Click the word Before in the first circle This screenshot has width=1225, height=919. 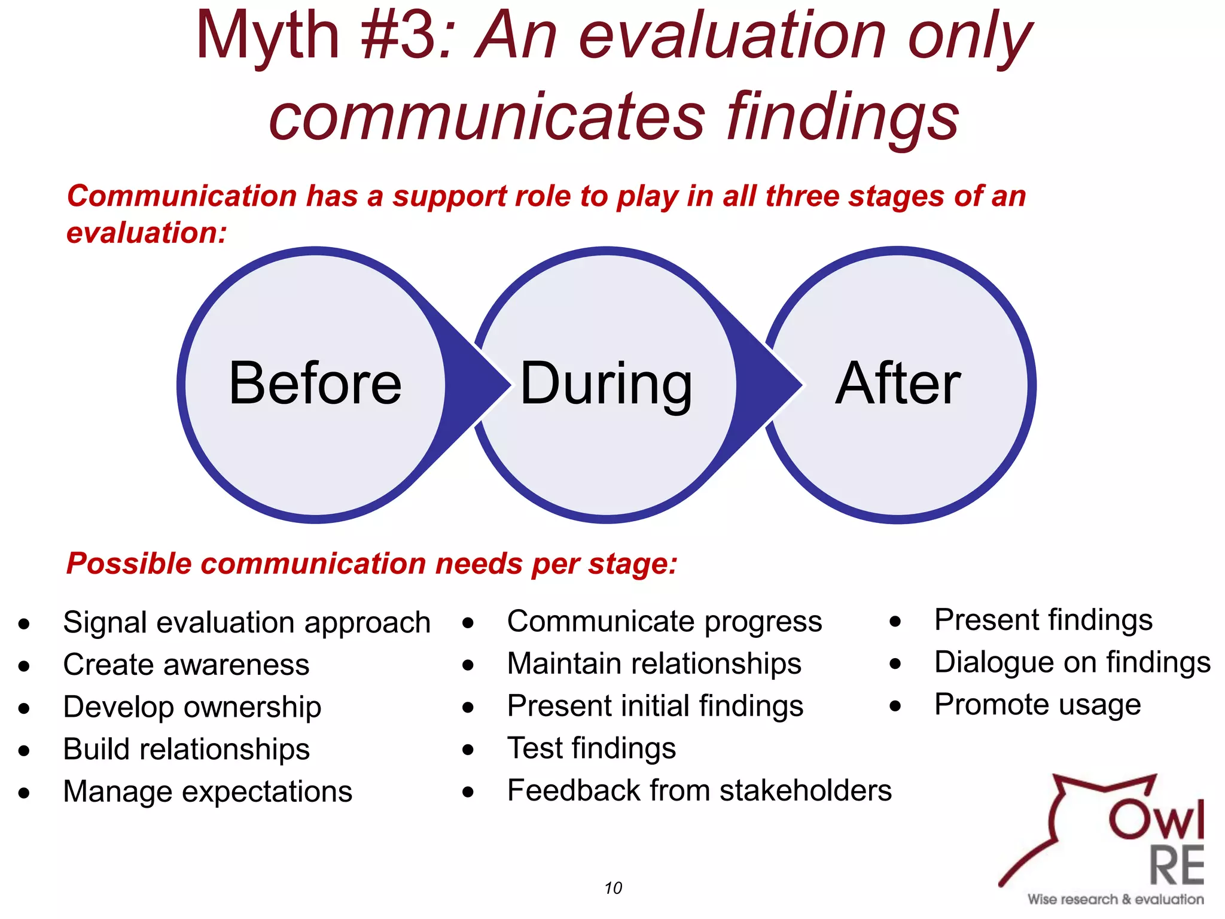pyautogui.click(x=315, y=384)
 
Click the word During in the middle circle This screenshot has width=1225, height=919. pyautogui.click(x=606, y=384)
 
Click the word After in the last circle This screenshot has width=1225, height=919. pyautogui.click(x=897, y=384)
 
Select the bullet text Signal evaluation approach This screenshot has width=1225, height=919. pyautogui.click(x=246, y=622)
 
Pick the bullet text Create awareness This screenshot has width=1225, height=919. pyautogui.click(x=186, y=665)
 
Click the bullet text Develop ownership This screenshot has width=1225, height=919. pyautogui.click(x=192, y=707)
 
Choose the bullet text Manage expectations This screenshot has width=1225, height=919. pyautogui.click(x=208, y=792)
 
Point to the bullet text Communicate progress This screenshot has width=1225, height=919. pyautogui.click(x=664, y=622)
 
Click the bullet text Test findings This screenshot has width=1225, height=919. pyautogui.click(x=591, y=748)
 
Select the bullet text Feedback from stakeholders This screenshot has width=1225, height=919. pyautogui.click(x=699, y=790)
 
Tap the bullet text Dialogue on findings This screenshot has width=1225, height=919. pyautogui.click(x=1072, y=662)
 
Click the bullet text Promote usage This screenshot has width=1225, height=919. pyautogui.click(x=1037, y=705)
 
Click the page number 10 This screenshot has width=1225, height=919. pyautogui.click(x=613, y=888)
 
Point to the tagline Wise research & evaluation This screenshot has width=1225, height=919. pyautogui.click(x=1115, y=899)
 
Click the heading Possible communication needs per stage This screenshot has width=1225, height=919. pyautogui.click(x=371, y=564)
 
